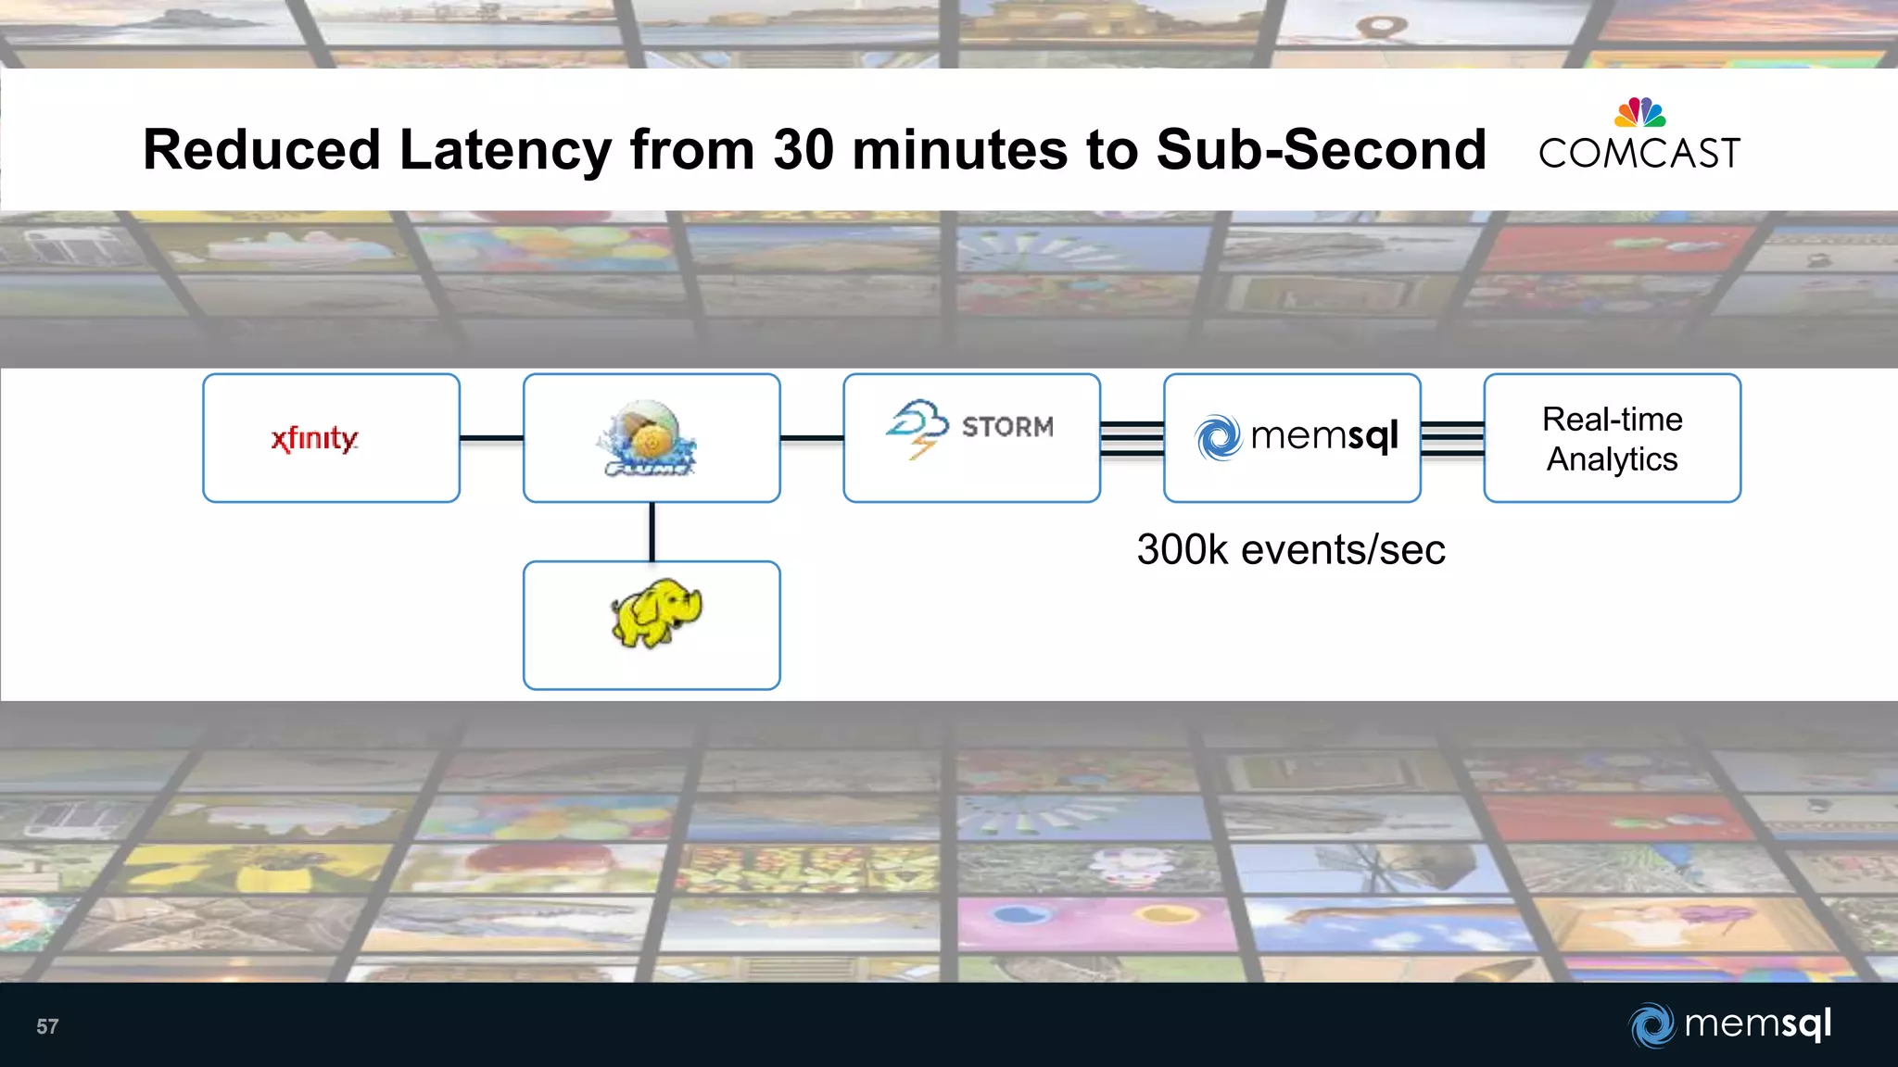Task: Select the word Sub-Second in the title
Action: click(x=1321, y=150)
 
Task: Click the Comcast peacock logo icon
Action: click(x=1639, y=113)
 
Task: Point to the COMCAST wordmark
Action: click(x=1639, y=154)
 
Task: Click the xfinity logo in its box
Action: click(x=314, y=438)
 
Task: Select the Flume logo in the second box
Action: click(x=648, y=438)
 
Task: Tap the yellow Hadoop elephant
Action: click(x=655, y=614)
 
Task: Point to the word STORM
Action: click(x=1007, y=427)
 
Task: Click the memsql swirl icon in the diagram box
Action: click(x=1218, y=437)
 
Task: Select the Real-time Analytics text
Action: click(x=1612, y=439)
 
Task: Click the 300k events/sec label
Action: click(x=1290, y=550)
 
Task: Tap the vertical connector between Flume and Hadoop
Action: click(x=652, y=532)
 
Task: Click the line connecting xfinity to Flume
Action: click(x=491, y=438)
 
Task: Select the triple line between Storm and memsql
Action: click(x=1132, y=437)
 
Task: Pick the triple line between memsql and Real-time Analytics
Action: click(x=1452, y=437)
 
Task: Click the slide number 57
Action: click(x=47, y=1026)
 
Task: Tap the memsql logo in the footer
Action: click(x=1729, y=1024)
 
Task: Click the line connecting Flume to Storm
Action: click(x=812, y=438)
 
